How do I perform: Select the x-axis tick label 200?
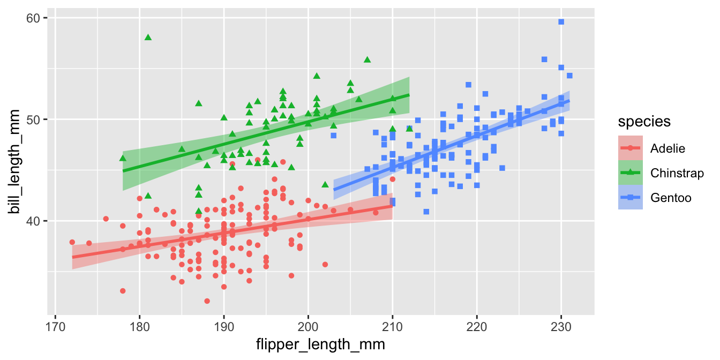308,326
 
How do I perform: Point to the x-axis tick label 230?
561,326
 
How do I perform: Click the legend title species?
644,122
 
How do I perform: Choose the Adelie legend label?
667,147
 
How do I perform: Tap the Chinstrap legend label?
677,172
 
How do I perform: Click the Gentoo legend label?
671,198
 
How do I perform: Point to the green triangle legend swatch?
631,172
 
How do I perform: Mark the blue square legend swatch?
631,198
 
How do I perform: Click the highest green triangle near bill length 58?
148,37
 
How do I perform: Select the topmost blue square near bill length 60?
561,22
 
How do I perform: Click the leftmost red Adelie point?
72,242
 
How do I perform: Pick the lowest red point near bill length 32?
207,301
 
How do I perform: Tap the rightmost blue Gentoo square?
569,76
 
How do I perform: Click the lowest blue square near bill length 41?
426,212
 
